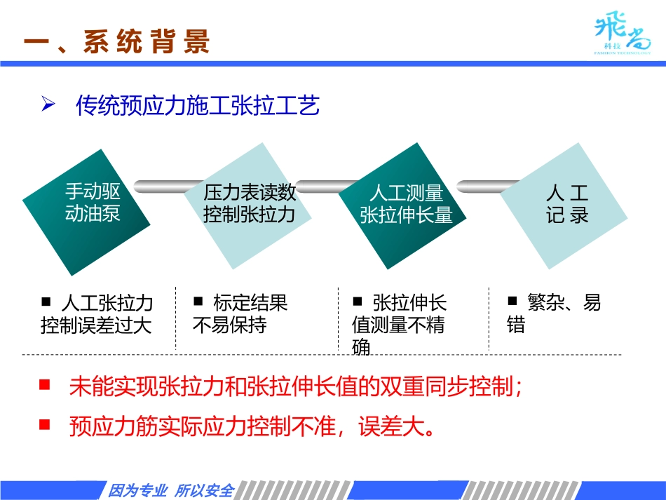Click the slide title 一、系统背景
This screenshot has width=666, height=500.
coord(116,42)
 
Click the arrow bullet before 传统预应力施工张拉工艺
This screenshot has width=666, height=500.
coord(48,105)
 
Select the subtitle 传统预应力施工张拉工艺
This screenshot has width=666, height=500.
coord(198,106)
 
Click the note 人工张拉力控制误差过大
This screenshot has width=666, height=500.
coord(97,314)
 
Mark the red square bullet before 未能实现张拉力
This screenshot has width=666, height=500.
coord(45,385)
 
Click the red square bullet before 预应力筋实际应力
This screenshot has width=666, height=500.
coord(45,424)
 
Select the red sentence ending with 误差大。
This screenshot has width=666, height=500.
coord(252,426)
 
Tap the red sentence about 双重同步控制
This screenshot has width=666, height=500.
coord(295,387)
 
